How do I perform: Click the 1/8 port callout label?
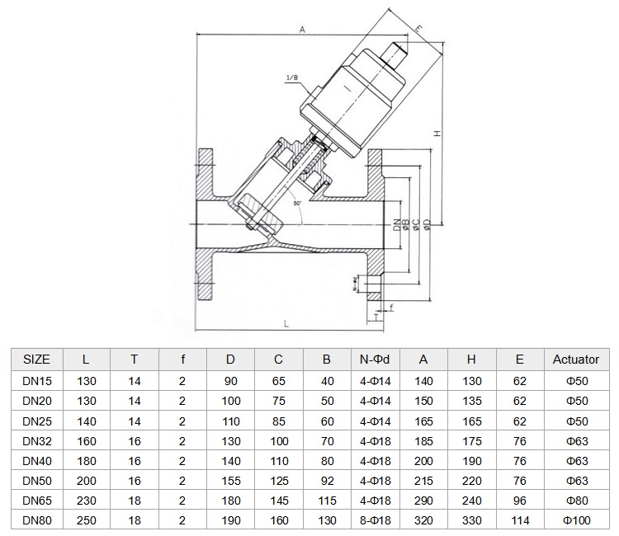click(291, 78)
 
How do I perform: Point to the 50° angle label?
click(297, 204)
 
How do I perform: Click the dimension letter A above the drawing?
click(302, 30)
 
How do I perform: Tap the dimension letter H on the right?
click(437, 134)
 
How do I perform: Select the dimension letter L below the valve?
click(286, 324)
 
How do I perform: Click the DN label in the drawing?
click(397, 225)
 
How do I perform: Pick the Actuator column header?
click(576, 360)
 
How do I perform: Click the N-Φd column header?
click(375, 360)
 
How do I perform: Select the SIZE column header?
click(36, 360)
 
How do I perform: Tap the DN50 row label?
click(37, 481)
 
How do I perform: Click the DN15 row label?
click(37, 381)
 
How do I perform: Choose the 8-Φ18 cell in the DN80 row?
click(375, 520)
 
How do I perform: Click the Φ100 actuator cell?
click(577, 520)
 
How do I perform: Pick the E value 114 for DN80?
click(520, 520)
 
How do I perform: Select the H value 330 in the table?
click(472, 520)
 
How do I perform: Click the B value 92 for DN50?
click(328, 481)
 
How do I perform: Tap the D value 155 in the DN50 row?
click(231, 481)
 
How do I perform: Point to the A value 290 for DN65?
click(423, 501)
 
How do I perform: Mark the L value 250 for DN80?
click(87, 520)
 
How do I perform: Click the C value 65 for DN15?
click(279, 381)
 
